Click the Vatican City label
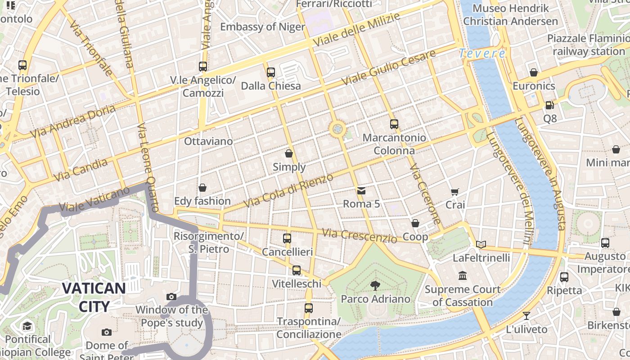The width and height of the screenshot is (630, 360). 94,297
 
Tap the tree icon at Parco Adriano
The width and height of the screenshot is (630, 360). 374,285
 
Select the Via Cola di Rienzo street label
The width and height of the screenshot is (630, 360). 288,190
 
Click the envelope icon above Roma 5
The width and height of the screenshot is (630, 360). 361,191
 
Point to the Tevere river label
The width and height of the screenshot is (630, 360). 482,54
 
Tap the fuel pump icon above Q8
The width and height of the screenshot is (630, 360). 549,105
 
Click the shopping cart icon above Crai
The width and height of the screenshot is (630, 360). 455,192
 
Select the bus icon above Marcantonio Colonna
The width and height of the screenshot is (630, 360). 394,124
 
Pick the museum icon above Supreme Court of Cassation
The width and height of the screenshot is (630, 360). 463,275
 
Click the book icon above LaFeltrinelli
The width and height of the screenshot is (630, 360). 481,244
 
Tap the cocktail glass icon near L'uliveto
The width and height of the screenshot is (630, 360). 526,315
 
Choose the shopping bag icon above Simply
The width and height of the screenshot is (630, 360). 289,153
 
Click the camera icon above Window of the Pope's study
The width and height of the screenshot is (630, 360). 171,297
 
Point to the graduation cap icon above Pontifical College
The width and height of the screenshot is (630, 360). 27,326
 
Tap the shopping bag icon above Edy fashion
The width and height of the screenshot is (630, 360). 202,188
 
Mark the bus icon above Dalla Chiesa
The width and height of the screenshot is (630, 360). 271,72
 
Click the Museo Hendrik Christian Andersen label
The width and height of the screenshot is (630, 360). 510,14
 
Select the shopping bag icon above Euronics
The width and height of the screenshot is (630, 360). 534,72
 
